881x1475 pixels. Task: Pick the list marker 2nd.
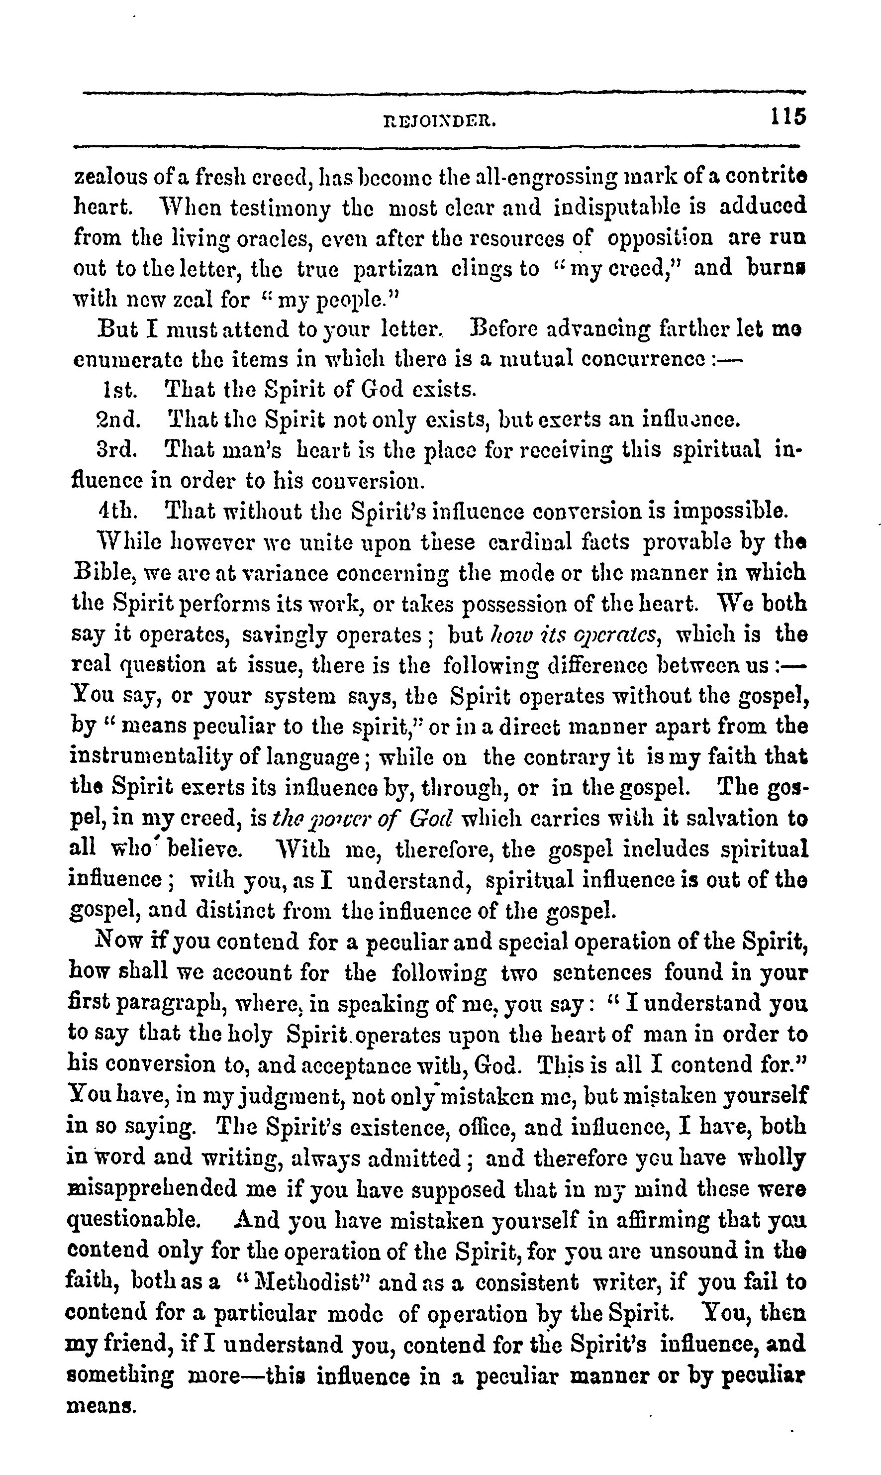119,420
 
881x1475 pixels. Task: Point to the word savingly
286,635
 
